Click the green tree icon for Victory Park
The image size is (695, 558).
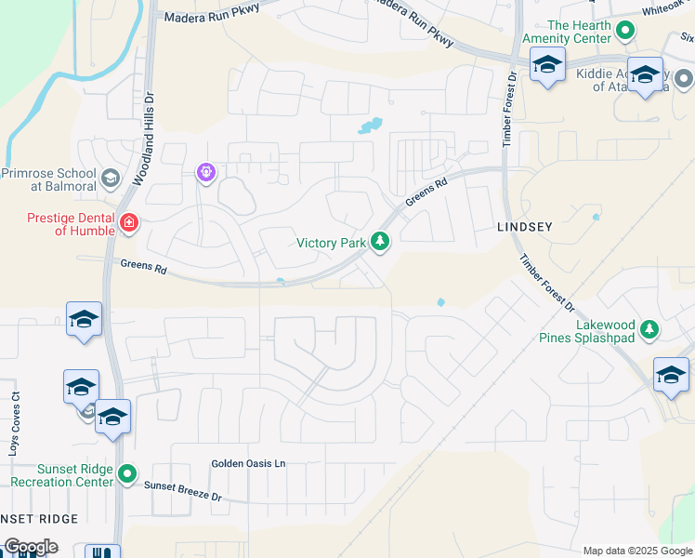pos(380,243)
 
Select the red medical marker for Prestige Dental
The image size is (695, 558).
pos(127,223)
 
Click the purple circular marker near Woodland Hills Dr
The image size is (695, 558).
pos(206,172)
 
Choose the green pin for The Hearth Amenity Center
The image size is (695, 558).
pos(626,31)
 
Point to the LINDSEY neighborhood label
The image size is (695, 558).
pos(525,227)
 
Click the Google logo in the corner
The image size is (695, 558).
pos(30,547)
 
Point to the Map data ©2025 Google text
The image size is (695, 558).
pos(637,551)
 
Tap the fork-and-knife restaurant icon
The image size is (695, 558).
pos(102,552)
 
